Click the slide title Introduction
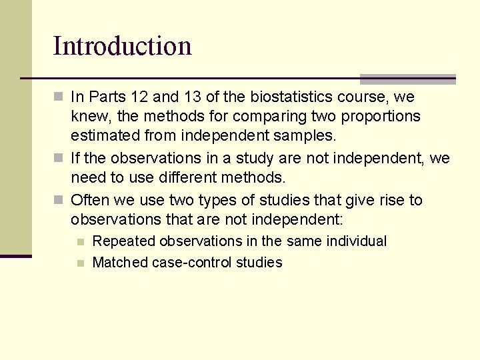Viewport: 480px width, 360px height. tap(122, 46)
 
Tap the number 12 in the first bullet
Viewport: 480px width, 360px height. tap(138, 97)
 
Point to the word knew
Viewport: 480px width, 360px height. tap(87, 117)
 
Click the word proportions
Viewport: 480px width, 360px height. tap(381, 117)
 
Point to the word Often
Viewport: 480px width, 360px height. tap(89, 200)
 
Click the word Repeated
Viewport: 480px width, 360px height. tap(123, 241)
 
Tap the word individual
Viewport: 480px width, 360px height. tap(355, 241)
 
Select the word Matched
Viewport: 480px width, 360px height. tap(120, 263)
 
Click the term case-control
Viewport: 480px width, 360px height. tap(189, 263)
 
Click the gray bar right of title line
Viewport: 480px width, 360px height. tap(407, 79)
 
